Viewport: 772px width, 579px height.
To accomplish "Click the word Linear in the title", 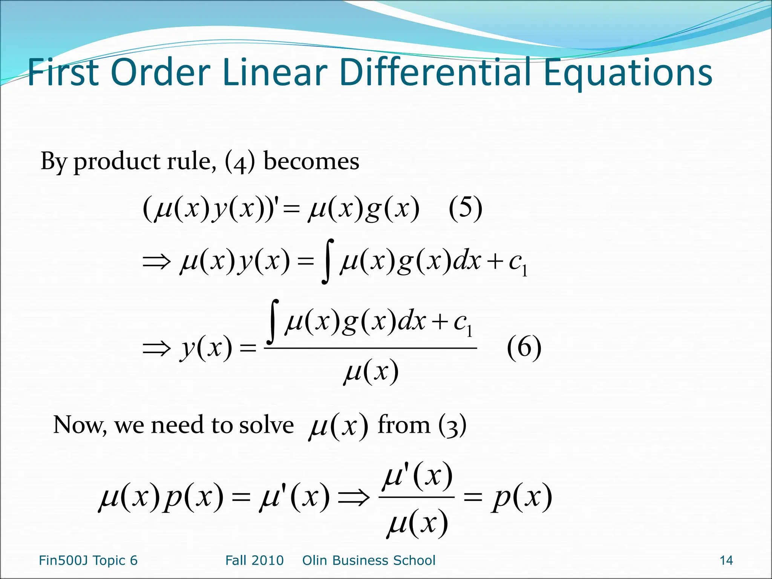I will pos(275,72).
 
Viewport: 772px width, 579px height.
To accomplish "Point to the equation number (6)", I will pos(524,348).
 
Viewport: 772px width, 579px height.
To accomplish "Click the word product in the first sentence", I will pos(117,162).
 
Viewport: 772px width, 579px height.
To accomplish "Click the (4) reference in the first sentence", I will pos(240,162).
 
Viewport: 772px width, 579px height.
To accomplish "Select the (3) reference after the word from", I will pos(452,425).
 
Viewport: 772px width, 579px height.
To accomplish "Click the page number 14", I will pos(726,561).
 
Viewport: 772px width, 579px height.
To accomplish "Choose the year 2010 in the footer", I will pos(269,561).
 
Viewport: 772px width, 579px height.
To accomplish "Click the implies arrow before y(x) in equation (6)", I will pos(156,348).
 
